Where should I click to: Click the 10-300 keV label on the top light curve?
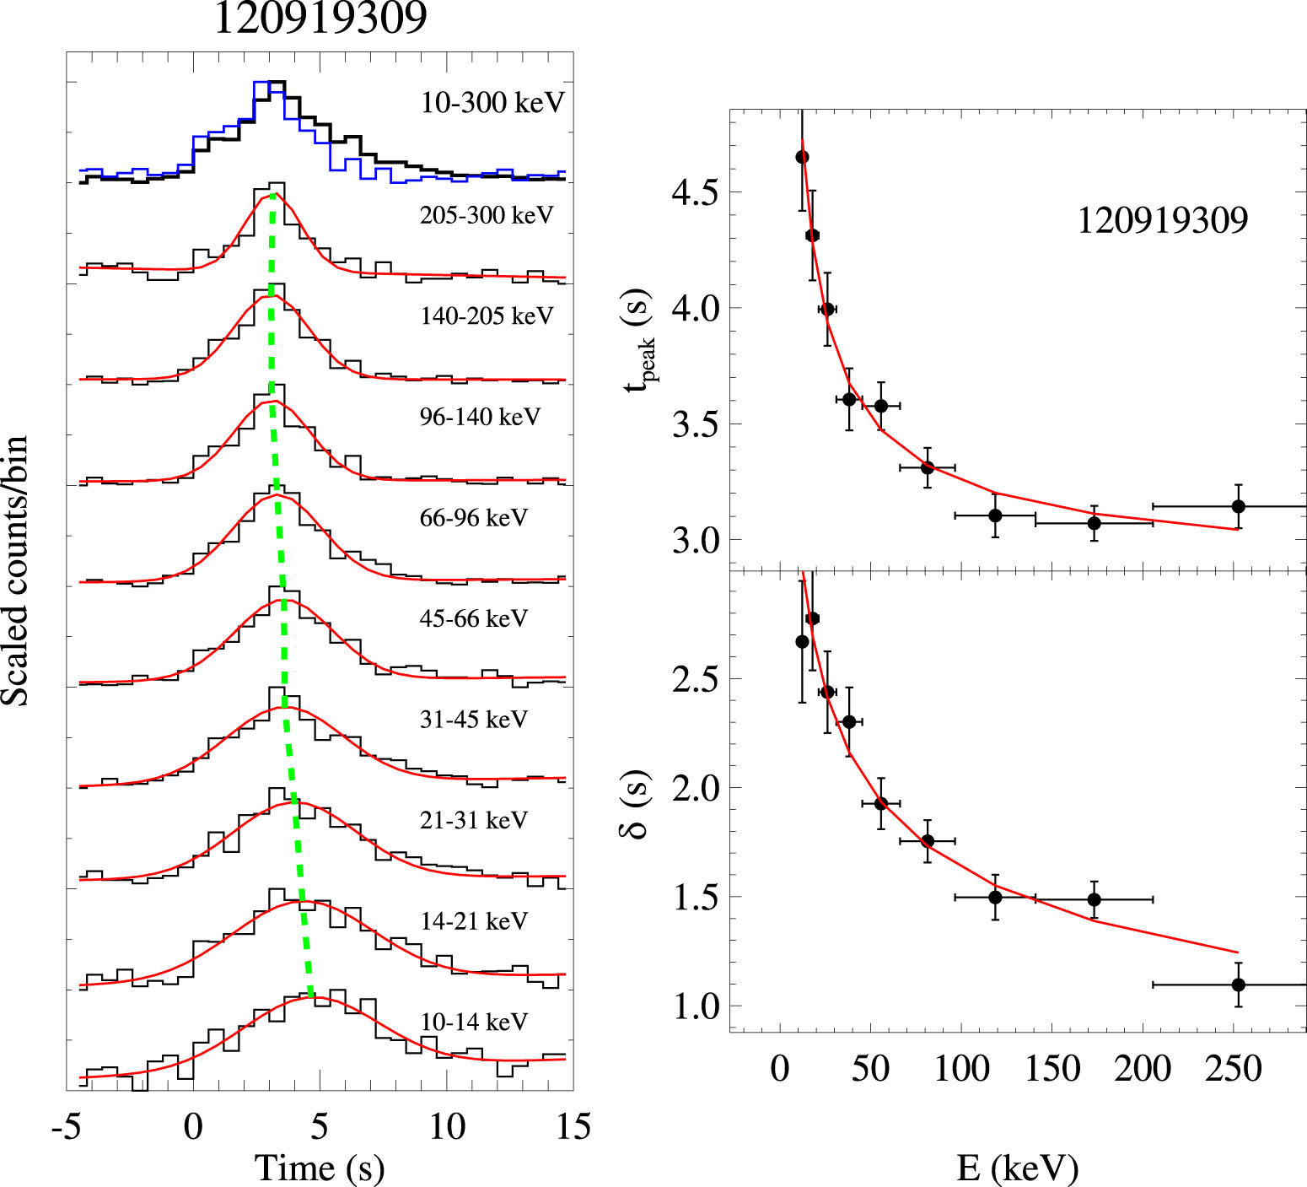pos(492,103)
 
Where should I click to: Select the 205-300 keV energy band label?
pos(487,215)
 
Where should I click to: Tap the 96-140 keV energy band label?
pos(480,417)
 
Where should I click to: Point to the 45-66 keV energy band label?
pos(473,618)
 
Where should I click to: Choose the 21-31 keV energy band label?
pos(473,820)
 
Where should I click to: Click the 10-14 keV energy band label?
pos(473,1022)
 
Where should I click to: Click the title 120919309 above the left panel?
pos(320,18)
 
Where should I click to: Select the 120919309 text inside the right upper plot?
pos(1163,220)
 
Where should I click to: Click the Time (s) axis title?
pos(320,1168)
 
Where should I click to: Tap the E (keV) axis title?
pos(1017,1168)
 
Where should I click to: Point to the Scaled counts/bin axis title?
pos(15,571)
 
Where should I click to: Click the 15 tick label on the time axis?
pos(573,1127)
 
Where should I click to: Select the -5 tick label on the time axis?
pos(67,1127)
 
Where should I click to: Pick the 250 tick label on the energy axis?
pos(1234,1069)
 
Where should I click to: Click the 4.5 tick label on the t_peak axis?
pos(695,193)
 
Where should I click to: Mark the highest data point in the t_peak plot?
pos(802,157)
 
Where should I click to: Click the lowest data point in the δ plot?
pos(1238,985)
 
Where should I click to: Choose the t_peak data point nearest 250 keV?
pos(1238,506)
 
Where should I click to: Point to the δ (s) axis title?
pos(635,804)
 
